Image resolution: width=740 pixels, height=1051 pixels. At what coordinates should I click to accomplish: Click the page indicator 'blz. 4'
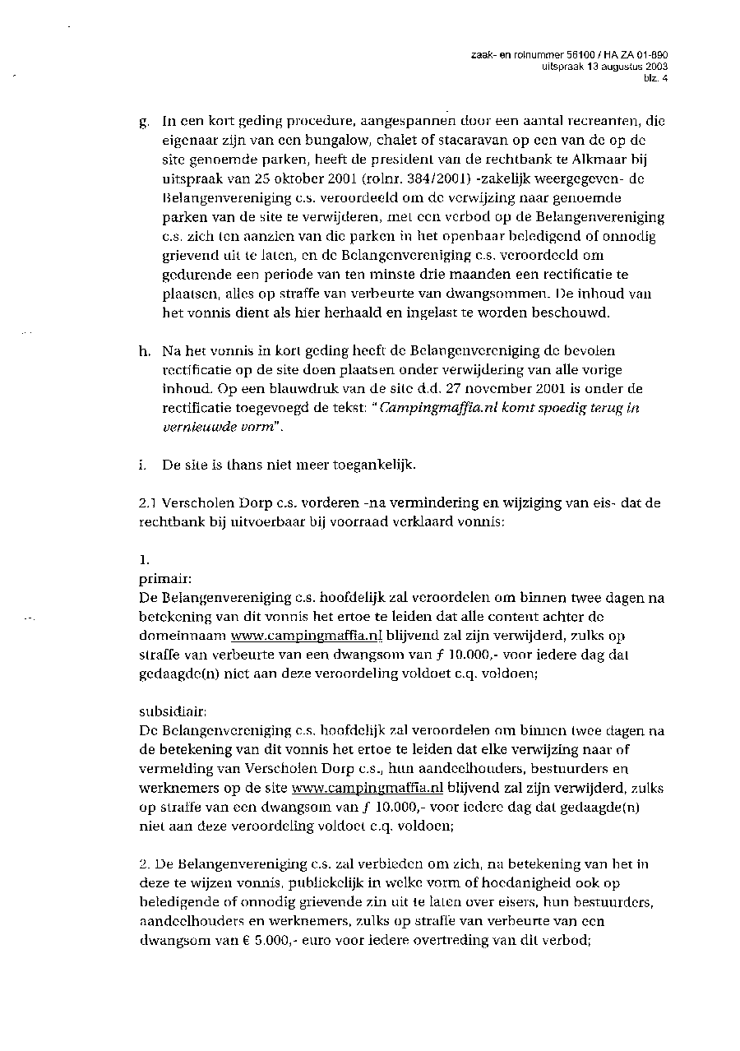(x=654, y=79)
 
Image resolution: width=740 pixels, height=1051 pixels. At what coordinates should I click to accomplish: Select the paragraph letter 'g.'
(x=145, y=123)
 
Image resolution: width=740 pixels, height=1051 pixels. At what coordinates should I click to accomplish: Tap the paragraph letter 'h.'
(x=145, y=352)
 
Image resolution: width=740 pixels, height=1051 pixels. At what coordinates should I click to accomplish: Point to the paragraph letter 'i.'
(x=143, y=465)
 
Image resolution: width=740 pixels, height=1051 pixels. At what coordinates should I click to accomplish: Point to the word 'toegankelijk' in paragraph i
(x=377, y=465)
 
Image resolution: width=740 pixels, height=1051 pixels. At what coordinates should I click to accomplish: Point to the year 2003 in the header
(x=656, y=67)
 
